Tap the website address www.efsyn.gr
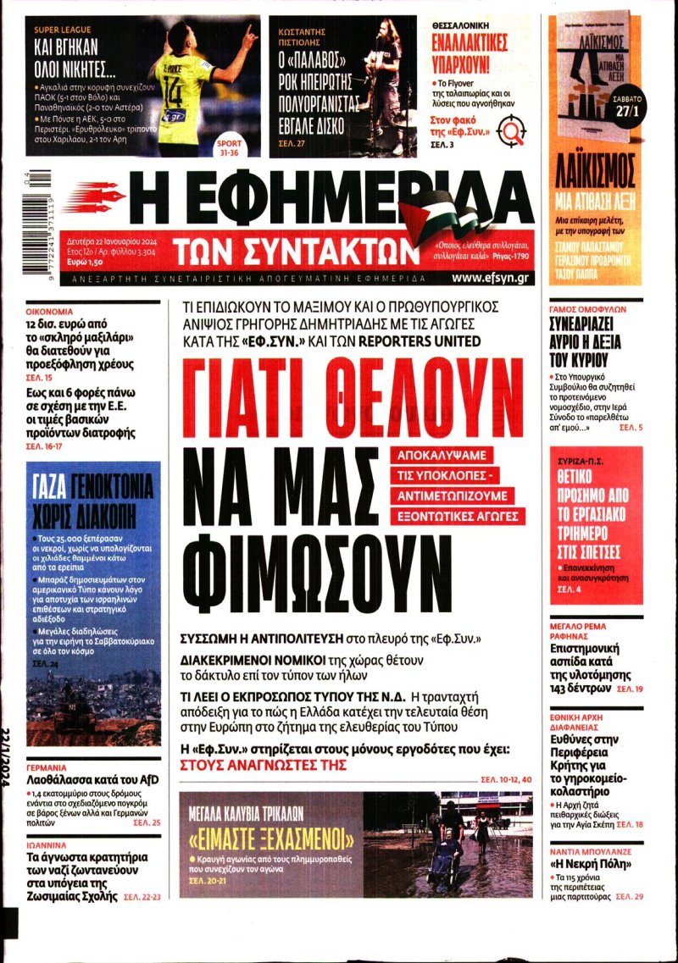pyautogui.click(x=492, y=277)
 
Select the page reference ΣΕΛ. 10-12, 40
pyautogui.click(x=506, y=778)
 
